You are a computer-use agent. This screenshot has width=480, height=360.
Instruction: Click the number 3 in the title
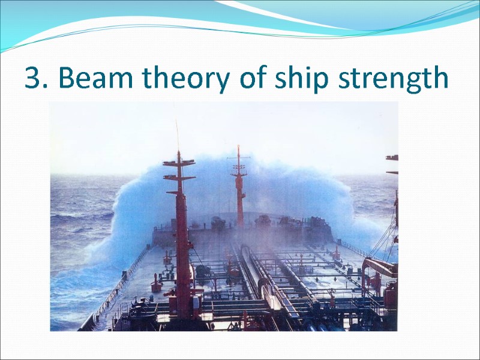tap(35, 79)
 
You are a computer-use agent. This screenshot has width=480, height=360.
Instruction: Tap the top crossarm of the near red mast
tap(179, 162)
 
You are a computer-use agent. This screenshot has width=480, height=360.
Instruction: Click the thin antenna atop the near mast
tap(177, 135)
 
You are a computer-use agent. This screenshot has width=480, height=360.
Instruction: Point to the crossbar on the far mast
tap(239, 158)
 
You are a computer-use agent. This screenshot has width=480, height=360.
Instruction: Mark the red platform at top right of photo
tap(392, 158)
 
